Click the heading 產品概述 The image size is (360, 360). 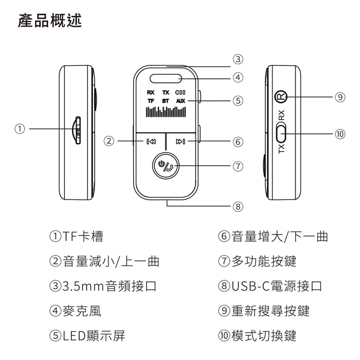[x=49, y=21]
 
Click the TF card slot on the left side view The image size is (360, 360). [x=77, y=131]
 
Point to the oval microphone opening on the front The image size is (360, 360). [x=166, y=79]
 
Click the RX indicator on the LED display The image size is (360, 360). [x=151, y=93]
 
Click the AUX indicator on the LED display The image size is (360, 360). [x=180, y=101]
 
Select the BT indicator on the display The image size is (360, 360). [x=165, y=101]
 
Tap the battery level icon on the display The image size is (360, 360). [x=180, y=93]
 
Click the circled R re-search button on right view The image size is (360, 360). [x=280, y=96]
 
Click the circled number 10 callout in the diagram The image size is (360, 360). [x=339, y=134]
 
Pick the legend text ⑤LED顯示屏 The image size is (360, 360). [x=87, y=336]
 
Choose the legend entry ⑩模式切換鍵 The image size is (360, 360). [x=257, y=336]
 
